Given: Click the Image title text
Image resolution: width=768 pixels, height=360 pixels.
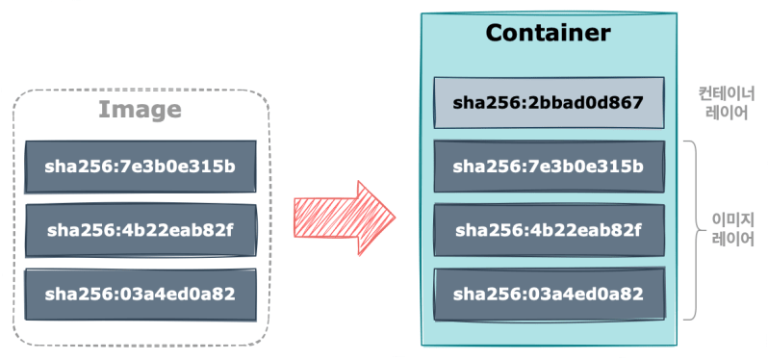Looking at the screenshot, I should [140, 110].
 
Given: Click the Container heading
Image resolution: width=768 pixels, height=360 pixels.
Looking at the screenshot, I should [548, 33].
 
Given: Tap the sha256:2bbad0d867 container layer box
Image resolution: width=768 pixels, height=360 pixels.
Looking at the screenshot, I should [548, 103].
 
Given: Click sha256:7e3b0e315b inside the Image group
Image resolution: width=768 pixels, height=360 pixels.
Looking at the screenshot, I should [141, 166].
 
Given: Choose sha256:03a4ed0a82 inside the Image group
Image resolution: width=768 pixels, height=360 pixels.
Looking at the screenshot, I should [141, 294].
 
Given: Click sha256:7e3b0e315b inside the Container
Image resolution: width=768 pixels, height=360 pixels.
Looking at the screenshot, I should [548, 166].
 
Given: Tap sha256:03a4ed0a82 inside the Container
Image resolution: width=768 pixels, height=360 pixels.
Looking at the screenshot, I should [548, 295].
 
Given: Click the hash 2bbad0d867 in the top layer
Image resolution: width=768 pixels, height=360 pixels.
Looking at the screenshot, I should [586, 103].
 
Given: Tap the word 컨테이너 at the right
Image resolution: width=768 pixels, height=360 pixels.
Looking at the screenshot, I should [727, 94].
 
